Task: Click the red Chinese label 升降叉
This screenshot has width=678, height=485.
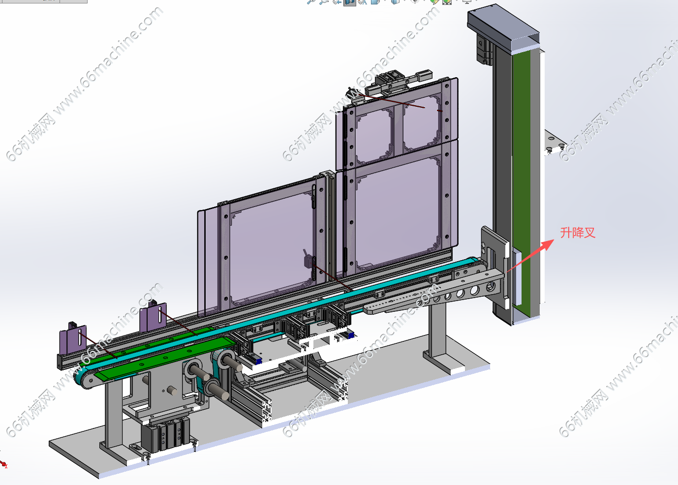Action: pyautogui.click(x=578, y=233)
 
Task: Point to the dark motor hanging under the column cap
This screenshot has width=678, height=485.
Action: pyautogui.click(x=484, y=48)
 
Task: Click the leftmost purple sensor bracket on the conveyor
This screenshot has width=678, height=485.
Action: pyautogui.click(x=73, y=338)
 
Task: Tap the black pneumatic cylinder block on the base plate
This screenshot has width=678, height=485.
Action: pyautogui.click(x=165, y=434)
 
